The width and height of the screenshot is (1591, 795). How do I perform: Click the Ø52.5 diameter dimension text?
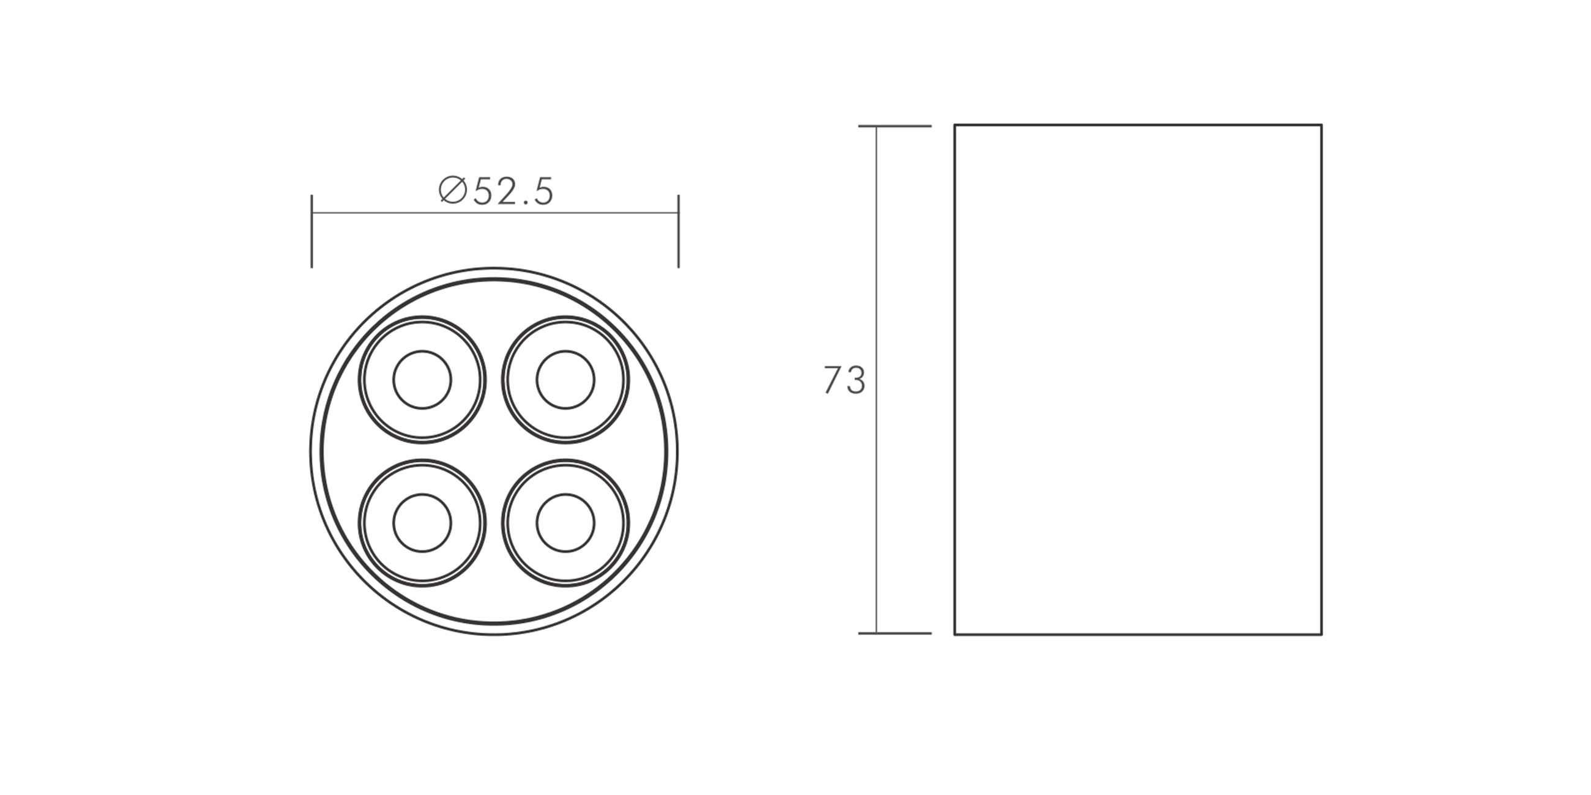coord(496,191)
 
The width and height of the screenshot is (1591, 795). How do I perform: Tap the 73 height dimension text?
coord(844,380)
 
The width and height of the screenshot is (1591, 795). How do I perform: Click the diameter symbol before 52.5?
coord(453,190)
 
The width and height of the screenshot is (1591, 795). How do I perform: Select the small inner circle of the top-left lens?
coord(422,350)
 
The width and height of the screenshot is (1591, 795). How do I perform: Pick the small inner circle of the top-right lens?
coord(566,350)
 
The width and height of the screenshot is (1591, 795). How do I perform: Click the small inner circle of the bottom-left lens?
coord(422,494)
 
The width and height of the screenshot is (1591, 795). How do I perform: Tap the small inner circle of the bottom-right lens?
coord(566,494)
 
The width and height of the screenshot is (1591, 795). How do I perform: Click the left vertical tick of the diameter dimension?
coord(312,231)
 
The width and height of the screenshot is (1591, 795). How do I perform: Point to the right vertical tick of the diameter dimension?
coord(679,231)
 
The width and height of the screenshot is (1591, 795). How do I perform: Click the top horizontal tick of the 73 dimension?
coord(895,127)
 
